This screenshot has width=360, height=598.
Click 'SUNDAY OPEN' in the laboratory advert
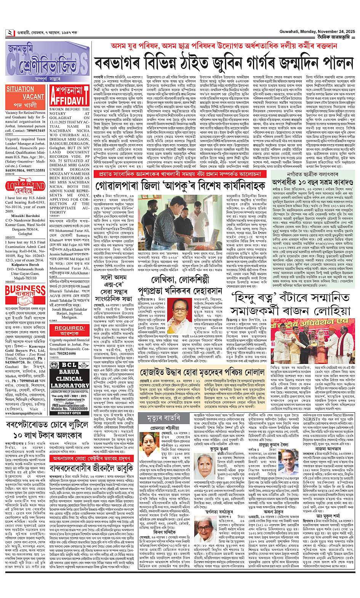pos(69,412)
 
